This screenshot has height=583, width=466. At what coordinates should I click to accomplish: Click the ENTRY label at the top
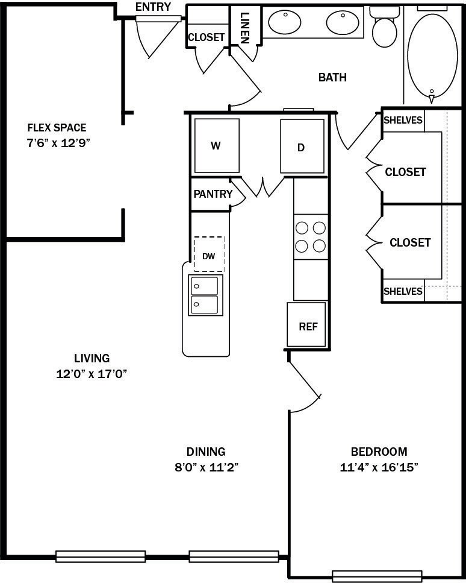click(153, 7)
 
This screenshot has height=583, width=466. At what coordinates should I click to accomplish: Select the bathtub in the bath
click(432, 55)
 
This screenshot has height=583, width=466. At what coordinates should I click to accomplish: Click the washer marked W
click(215, 146)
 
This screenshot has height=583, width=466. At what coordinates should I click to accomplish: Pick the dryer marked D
click(302, 147)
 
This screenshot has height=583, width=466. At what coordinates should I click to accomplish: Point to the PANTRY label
click(213, 194)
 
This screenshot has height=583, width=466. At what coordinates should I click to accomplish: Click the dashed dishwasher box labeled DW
click(209, 256)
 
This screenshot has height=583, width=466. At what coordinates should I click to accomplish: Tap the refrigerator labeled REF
click(307, 326)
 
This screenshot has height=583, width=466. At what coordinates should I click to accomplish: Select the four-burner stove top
click(311, 236)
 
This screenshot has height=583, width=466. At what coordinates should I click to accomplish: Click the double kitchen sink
click(205, 295)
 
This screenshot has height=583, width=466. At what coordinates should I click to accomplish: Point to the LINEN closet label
click(244, 27)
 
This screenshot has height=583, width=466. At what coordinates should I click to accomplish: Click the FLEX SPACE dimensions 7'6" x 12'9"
click(57, 143)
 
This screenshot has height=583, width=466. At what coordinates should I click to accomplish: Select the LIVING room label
click(92, 358)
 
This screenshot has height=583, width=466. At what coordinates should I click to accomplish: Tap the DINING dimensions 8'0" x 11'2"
click(205, 467)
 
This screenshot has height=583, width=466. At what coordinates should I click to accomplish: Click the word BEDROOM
click(379, 452)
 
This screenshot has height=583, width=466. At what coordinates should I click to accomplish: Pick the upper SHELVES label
click(403, 120)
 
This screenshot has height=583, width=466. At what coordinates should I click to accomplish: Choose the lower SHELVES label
click(403, 291)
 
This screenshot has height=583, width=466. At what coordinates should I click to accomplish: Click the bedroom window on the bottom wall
click(377, 576)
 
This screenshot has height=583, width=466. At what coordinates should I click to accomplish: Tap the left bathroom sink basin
click(284, 23)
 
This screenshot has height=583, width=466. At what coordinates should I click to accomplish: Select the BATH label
click(332, 77)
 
